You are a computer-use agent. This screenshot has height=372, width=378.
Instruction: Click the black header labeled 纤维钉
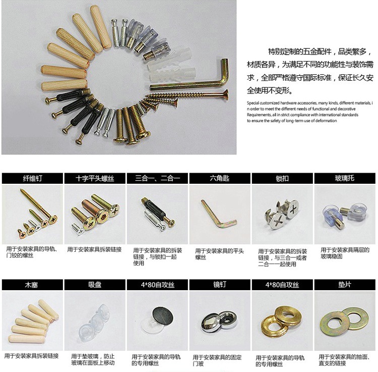(x=32, y=178)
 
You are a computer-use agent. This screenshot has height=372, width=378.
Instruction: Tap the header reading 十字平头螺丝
(x=95, y=178)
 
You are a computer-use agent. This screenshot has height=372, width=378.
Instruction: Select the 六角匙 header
(x=220, y=178)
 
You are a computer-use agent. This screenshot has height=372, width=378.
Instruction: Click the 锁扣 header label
(x=282, y=178)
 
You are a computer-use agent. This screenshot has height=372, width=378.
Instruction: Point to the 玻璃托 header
(x=345, y=178)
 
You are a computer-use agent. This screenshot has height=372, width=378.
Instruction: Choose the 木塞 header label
(x=32, y=285)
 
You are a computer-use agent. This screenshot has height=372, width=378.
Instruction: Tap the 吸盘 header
(x=95, y=285)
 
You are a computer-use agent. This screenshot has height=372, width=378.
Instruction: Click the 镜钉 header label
(x=220, y=285)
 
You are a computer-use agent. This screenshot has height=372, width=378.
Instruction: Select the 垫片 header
(x=345, y=285)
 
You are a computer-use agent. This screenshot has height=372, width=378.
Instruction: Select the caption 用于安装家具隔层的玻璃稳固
(x=345, y=253)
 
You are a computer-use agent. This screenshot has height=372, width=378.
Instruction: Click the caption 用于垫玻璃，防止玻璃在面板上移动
(x=93, y=359)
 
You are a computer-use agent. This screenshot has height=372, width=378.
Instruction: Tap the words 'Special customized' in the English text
(x=263, y=103)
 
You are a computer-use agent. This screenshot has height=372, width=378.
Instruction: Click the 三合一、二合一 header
(x=157, y=178)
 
